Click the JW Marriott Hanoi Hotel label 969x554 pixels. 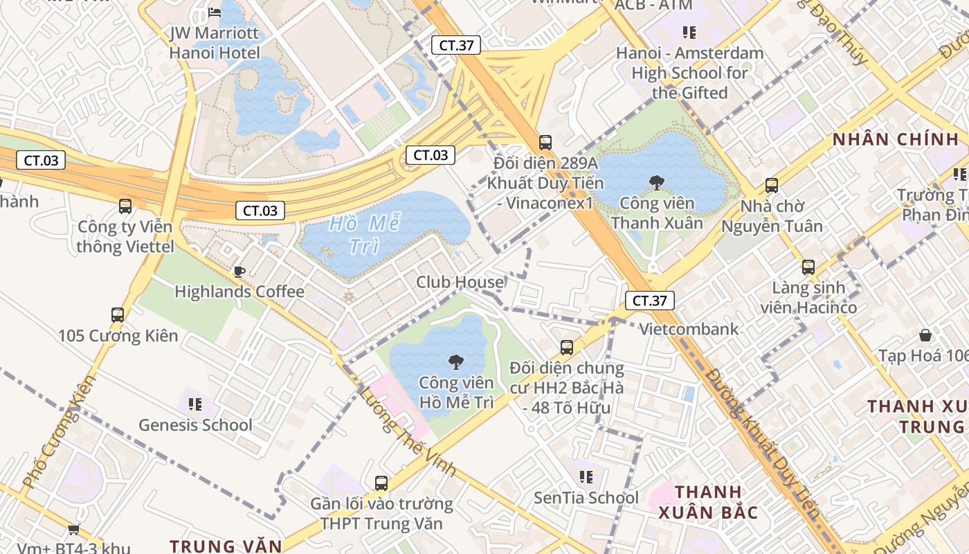pos(215,43)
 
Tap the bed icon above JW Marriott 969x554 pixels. pos(215,12)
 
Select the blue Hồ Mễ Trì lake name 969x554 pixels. pos(365,235)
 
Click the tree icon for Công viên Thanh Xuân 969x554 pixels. pos(656,183)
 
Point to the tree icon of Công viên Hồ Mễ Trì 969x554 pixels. pos(455,361)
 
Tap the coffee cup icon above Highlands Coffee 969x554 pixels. pos(239,271)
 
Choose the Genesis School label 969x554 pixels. pos(195,425)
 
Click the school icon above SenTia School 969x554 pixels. pos(586,476)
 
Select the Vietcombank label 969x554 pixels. pos(689,329)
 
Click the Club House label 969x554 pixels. pos(460,282)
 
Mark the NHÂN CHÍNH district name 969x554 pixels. pos(896,139)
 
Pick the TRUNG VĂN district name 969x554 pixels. pos(226,546)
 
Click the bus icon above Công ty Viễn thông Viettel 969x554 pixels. pos(125,206)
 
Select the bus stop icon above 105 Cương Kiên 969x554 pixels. pos(118,315)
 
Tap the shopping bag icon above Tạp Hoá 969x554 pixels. pos(925,336)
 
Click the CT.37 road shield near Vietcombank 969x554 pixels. pos(649,301)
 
